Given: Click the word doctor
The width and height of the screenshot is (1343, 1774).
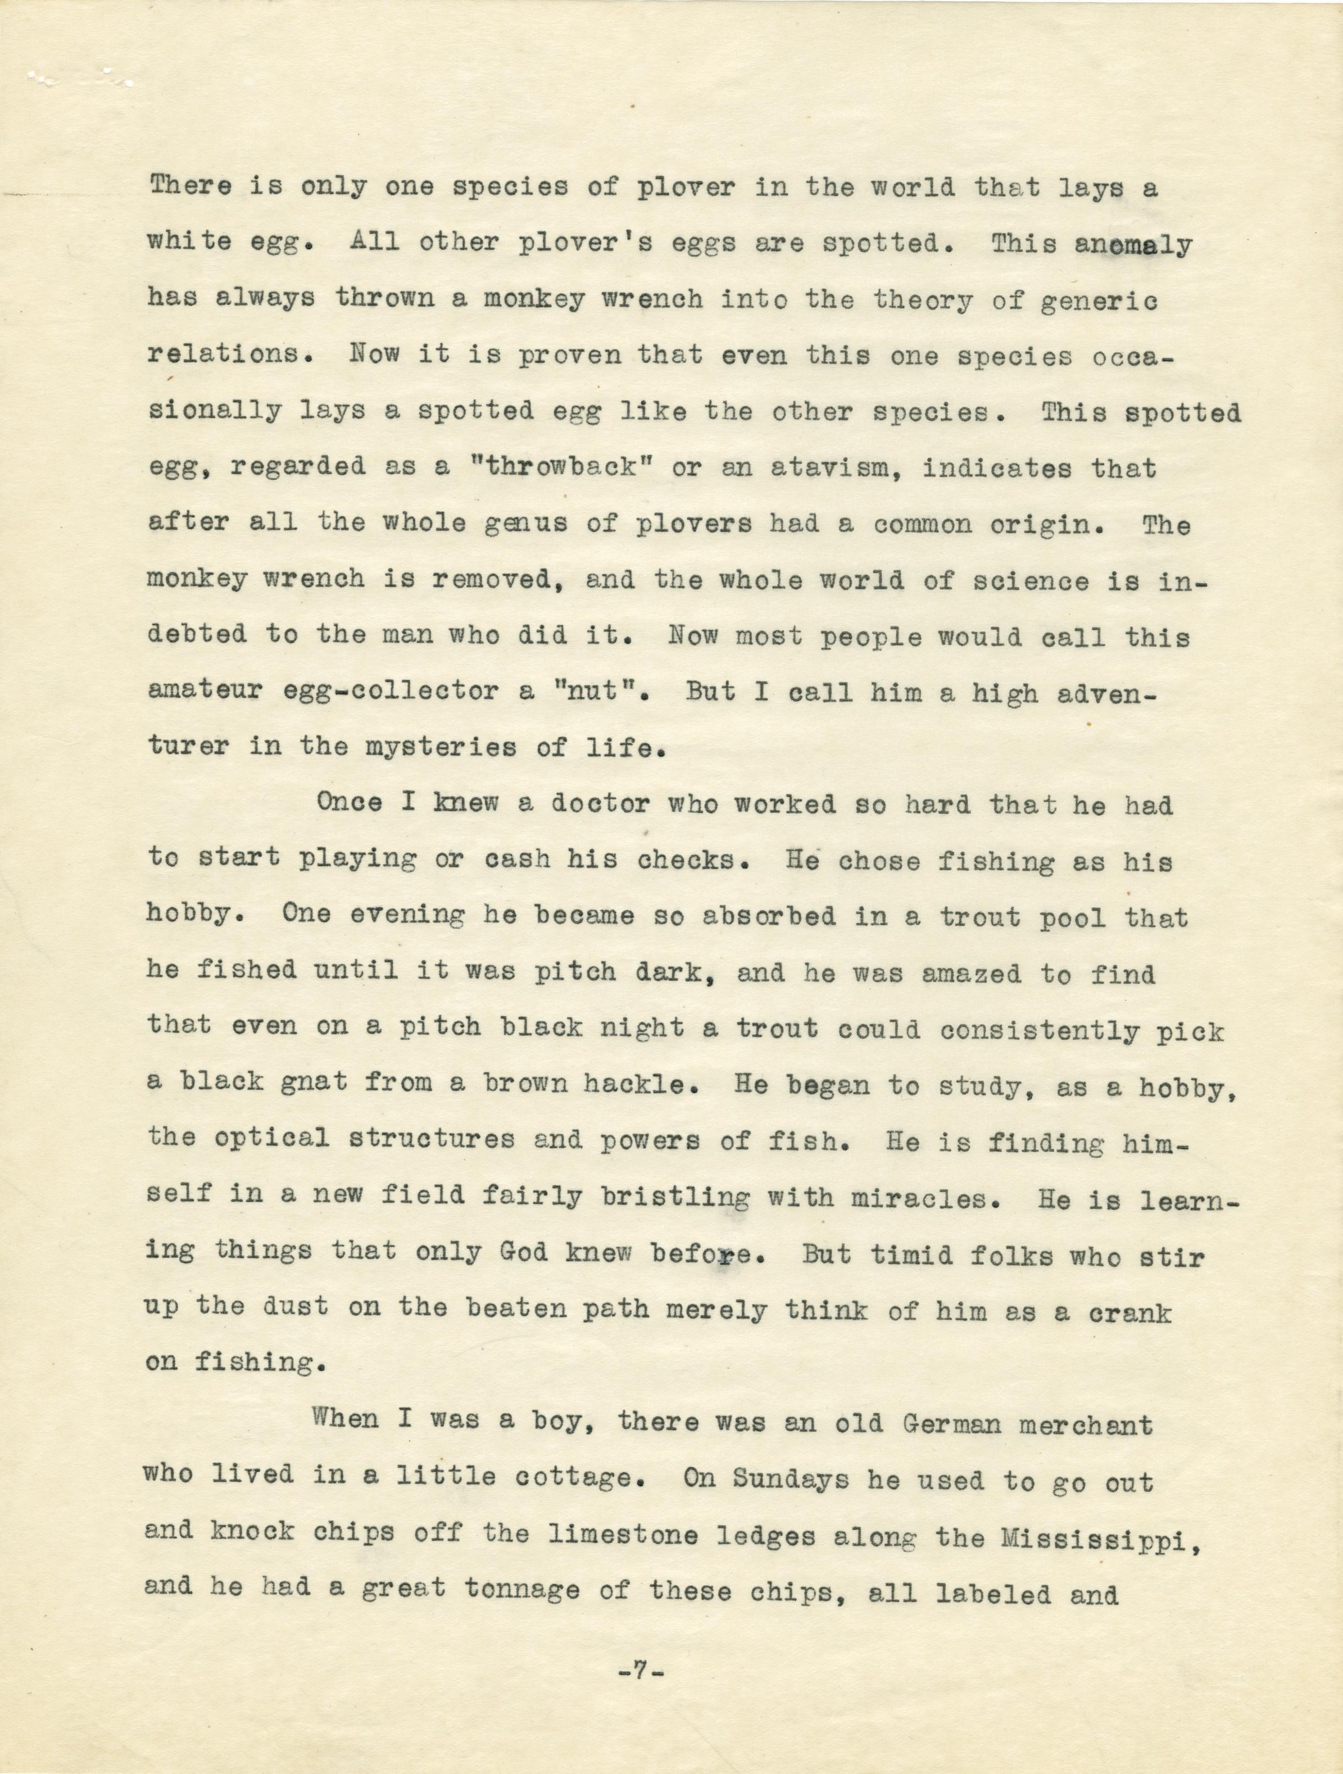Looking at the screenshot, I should click(600, 804).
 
